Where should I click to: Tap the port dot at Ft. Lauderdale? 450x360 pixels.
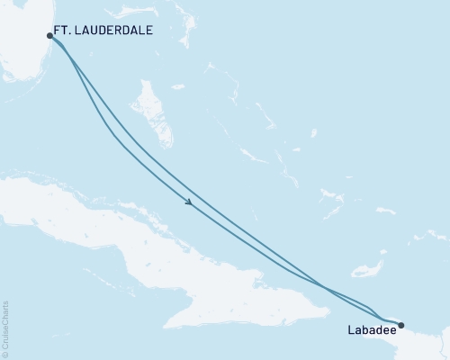[49, 36]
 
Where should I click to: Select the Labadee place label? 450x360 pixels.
[370, 330]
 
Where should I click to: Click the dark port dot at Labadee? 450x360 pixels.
[401, 325]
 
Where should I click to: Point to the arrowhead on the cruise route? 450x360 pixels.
[188, 202]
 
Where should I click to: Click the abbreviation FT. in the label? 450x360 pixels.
[62, 30]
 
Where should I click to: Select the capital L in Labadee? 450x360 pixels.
[350, 330]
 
